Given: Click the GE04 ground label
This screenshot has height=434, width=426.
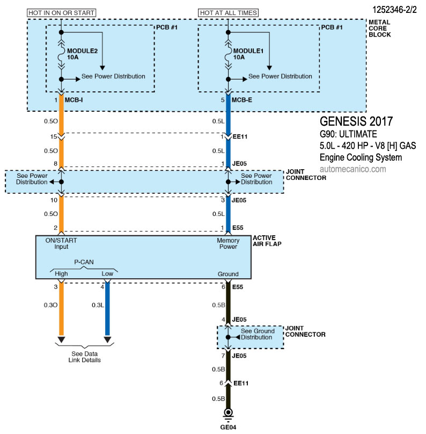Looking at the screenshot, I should [228, 428].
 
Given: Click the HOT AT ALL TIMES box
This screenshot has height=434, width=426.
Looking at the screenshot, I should [228, 12].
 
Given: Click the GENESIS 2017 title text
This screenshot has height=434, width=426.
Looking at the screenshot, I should [356, 120].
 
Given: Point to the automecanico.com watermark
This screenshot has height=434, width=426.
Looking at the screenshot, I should [352, 169].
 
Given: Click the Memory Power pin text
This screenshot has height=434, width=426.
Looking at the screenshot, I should [228, 244].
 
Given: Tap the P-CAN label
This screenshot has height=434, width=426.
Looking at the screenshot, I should [84, 264].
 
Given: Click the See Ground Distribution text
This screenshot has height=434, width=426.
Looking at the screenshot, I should [258, 334].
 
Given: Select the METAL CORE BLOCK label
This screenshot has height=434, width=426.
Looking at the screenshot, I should [379, 28].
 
